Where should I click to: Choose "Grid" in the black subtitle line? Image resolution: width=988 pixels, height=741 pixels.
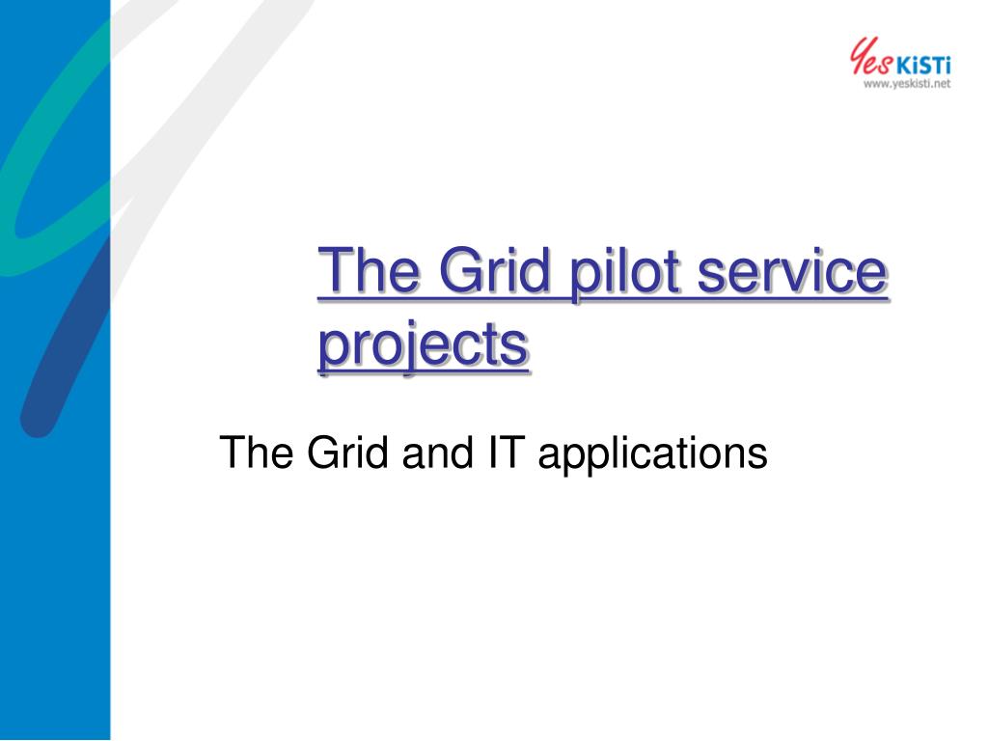(347, 452)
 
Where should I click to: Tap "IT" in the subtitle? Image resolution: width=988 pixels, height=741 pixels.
(506, 452)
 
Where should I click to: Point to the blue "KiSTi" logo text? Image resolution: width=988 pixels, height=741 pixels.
(923, 66)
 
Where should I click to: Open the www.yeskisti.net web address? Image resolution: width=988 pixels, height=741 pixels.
(907, 84)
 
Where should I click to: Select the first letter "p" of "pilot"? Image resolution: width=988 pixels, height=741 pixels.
(586, 284)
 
